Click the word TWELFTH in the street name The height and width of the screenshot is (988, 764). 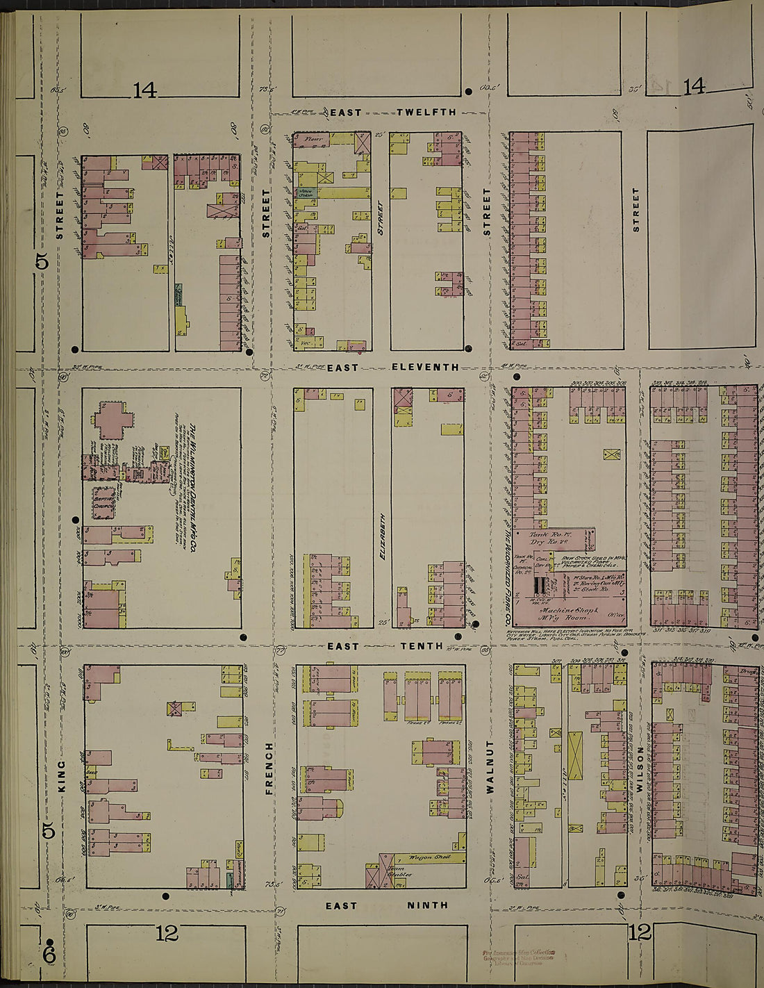click(x=426, y=112)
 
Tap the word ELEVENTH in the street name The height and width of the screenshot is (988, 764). click(x=424, y=367)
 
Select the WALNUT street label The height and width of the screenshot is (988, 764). click(x=489, y=766)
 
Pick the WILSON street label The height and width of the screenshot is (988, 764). click(x=640, y=769)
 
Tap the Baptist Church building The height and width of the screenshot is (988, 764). click(x=104, y=502)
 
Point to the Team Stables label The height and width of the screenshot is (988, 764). click(x=396, y=871)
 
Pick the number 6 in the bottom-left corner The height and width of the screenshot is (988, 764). click(x=49, y=956)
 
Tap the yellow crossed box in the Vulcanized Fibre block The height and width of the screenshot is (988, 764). click(x=612, y=454)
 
